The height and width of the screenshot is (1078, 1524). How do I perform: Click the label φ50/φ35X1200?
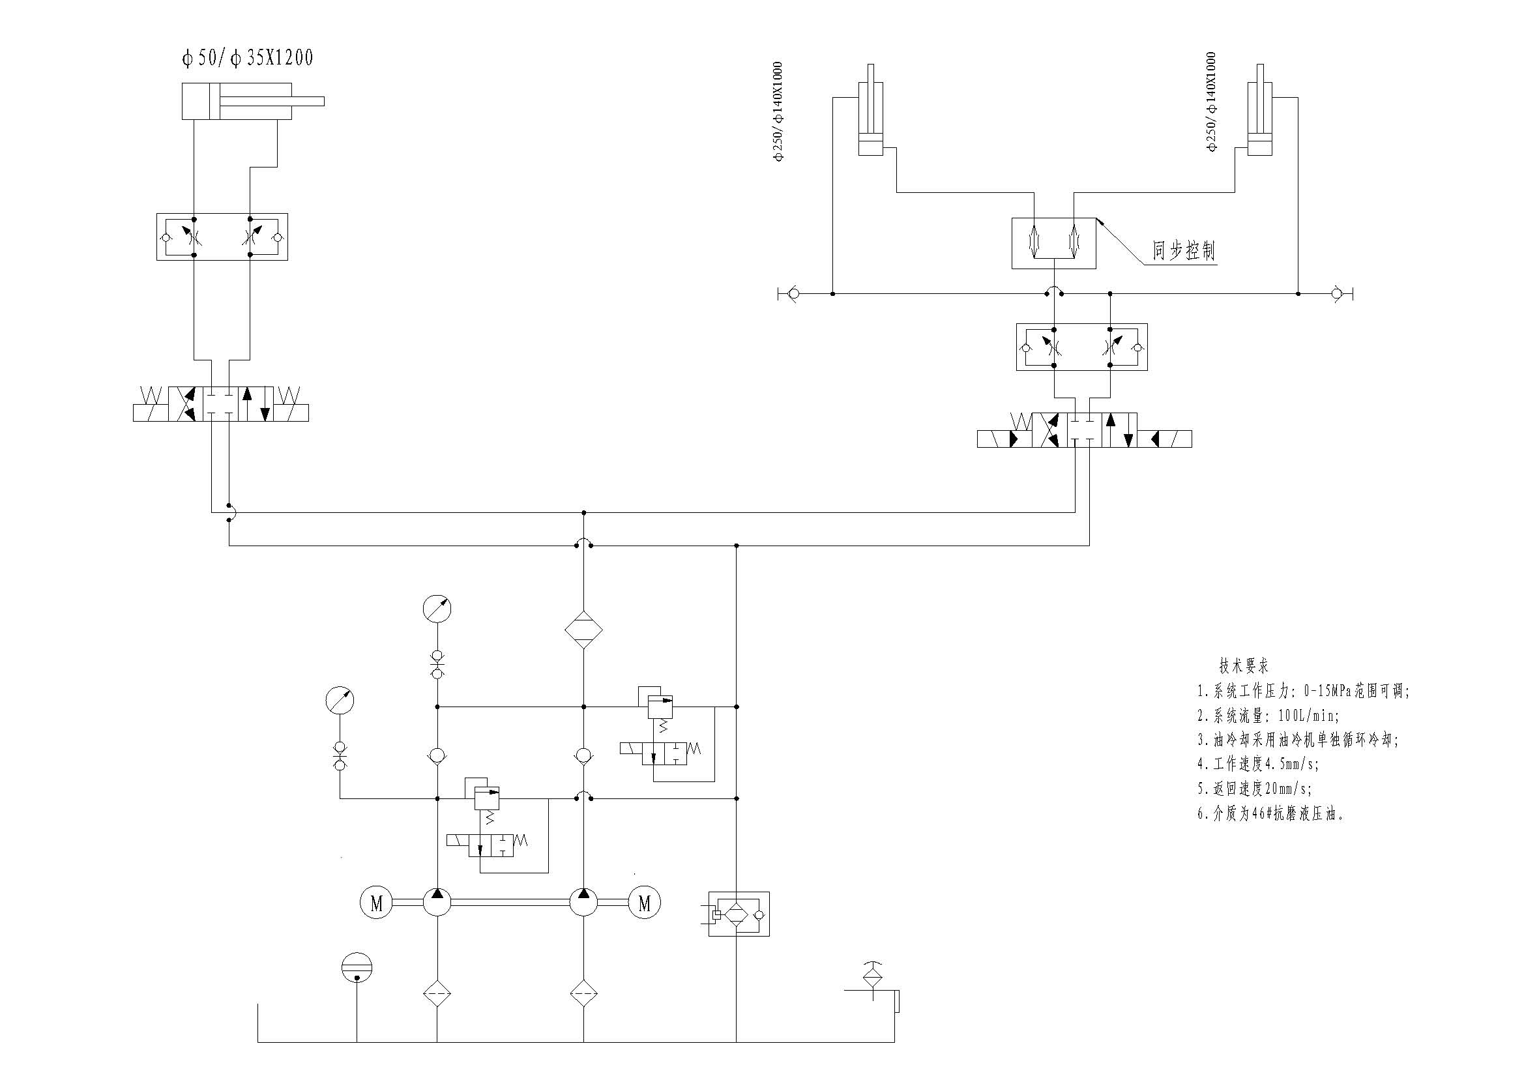(247, 59)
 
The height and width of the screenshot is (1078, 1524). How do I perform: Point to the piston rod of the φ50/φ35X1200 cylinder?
(272, 102)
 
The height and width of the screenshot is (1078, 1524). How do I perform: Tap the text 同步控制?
(1184, 251)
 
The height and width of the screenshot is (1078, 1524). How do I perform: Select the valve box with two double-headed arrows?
(1053, 243)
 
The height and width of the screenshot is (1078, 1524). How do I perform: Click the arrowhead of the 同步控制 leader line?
(1099, 220)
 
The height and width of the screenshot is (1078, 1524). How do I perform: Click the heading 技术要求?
(1243, 666)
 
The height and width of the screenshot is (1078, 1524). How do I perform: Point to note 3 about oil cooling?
(1298, 740)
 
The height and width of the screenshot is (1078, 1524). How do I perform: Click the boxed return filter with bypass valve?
(738, 914)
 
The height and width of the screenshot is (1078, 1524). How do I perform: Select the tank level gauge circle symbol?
(357, 967)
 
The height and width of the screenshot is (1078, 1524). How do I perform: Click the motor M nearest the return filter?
(644, 903)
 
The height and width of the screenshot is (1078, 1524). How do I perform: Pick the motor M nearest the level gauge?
(376, 903)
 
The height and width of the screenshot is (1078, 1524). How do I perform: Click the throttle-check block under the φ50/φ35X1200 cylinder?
(222, 237)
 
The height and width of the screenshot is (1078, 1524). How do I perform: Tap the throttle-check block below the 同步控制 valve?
(1081, 347)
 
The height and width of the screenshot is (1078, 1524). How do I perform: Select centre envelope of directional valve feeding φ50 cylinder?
(220, 403)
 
